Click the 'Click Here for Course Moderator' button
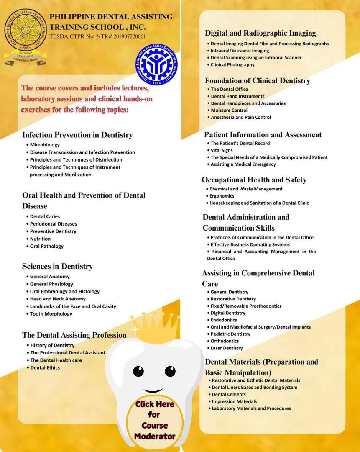pyautogui.click(x=155, y=420)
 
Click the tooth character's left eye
pyautogui.click(x=139, y=371)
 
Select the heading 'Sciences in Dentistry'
pyautogui.click(x=57, y=266)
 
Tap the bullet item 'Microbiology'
pyautogui.click(x=45, y=145)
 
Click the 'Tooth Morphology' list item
pyautogui.click(x=51, y=314)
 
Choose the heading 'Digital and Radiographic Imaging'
pyautogui.click(x=260, y=33)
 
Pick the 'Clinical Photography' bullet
pyautogui.click(x=232, y=65)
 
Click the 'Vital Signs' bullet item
pyautogui.click(x=222, y=150)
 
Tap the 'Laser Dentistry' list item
pyautogui.click(x=227, y=348)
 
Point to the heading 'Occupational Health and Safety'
pyautogui.click(x=254, y=180)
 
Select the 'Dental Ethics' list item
pyautogui.click(x=45, y=367)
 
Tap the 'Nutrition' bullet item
pyautogui.click(x=40, y=239)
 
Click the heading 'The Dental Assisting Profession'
pyautogui.click(x=74, y=335)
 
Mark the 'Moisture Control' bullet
pyautogui.click(x=229, y=110)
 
